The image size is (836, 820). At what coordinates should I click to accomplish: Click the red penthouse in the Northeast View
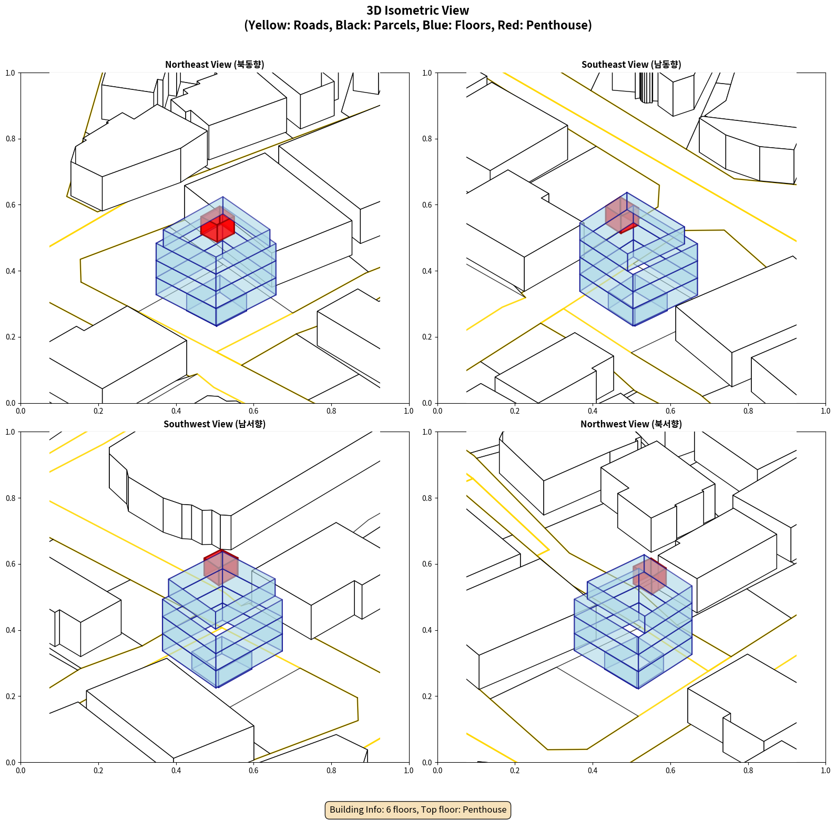pos(218,227)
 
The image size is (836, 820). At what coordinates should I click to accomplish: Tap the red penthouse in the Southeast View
pos(621,215)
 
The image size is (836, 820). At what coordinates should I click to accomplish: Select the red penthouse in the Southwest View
pos(221,567)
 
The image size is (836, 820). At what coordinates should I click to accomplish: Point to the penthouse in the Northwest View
pos(650,576)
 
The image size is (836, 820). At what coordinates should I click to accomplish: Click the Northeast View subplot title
pos(215,65)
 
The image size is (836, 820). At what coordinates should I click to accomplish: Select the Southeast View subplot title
pos(631,65)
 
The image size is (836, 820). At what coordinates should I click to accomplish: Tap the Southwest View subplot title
pos(215,424)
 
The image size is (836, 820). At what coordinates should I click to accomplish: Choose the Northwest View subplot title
pos(631,424)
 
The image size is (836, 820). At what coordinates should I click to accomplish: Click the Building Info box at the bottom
pos(418,809)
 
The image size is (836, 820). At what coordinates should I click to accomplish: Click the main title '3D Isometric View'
pos(418,11)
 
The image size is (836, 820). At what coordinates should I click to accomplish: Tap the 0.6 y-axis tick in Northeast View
pos(11,205)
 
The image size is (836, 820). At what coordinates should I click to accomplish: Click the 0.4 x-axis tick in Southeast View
pos(593,411)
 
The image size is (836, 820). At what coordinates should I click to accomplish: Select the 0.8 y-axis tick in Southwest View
pos(11,498)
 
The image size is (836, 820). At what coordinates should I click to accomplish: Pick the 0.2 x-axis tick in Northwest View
pos(515,771)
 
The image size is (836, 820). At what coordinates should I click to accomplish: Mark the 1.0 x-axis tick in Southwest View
pos(409,771)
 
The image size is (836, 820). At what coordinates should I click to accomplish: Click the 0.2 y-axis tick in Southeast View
pos(427,337)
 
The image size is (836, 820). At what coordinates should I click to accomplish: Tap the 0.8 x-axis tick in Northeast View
pos(331,411)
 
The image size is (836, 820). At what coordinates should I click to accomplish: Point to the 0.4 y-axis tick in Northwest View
pos(427,630)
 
